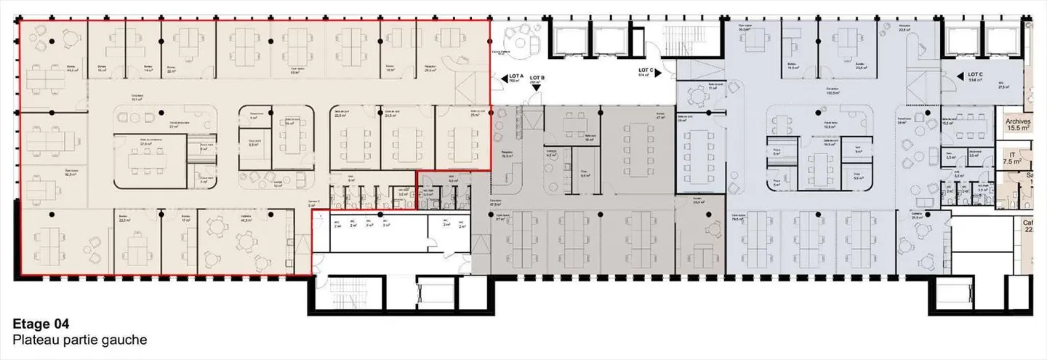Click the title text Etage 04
41,324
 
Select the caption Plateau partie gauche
80,340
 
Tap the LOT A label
516,76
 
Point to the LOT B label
537,78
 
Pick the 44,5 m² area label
72,71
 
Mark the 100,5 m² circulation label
833,92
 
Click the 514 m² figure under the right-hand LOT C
975,81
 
